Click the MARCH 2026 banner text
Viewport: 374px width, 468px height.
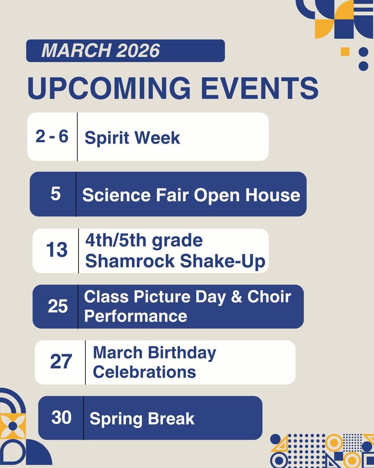(x=100, y=51)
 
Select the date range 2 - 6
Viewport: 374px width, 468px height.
(x=52, y=136)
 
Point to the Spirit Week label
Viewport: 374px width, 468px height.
(x=132, y=138)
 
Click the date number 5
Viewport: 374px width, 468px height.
(x=55, y=194)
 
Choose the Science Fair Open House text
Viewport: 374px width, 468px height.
(x=191, y=195)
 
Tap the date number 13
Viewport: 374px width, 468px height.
(x=57, y=250)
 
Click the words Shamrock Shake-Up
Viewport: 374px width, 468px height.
(x=175, y=261)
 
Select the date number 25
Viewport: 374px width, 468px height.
(x=58, y=306)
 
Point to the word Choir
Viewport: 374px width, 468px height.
(x=269, y=297)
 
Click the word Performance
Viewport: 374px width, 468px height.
(x=136, y=316)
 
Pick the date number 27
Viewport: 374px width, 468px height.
(x=61, y=362)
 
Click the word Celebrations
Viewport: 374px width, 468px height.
(x=144, y=372)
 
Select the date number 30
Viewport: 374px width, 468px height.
(x=62, y=417)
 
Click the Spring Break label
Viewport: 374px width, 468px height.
(x=142, y=419)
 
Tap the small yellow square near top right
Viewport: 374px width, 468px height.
(x=345, y=52)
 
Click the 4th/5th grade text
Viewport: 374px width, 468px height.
(x=144, y=240)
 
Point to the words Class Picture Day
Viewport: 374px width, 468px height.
(x=155, y=297)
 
